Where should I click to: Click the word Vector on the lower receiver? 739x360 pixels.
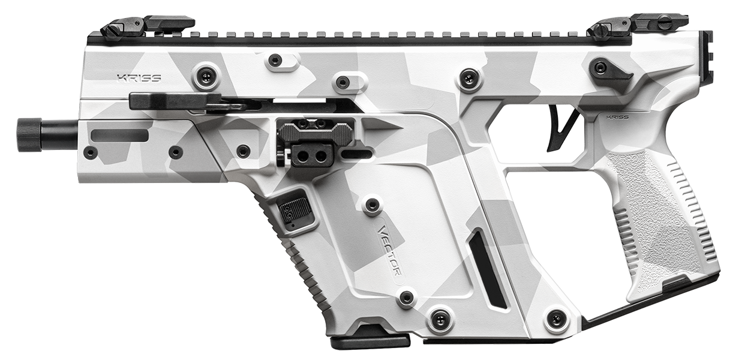[390, 250]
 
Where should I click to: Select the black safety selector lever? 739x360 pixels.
[609, 70]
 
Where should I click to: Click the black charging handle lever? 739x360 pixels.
[174, 101]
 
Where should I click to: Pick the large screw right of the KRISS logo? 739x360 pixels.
[206, 76]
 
